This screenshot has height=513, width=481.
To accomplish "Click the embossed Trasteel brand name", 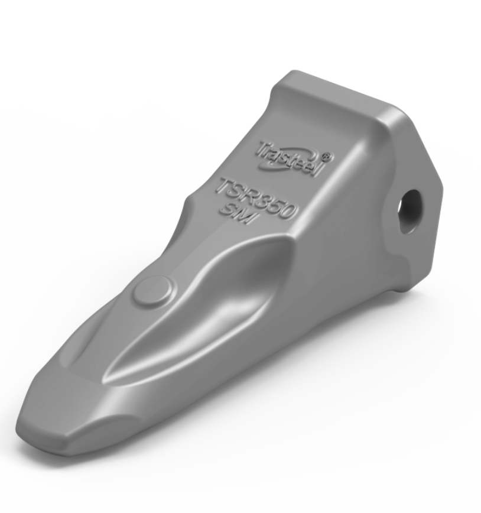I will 288,155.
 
